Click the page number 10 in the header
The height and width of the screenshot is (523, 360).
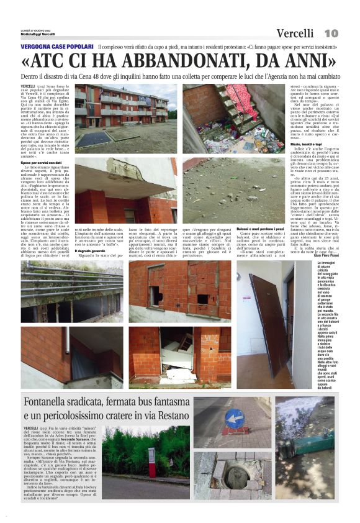(331, 33)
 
